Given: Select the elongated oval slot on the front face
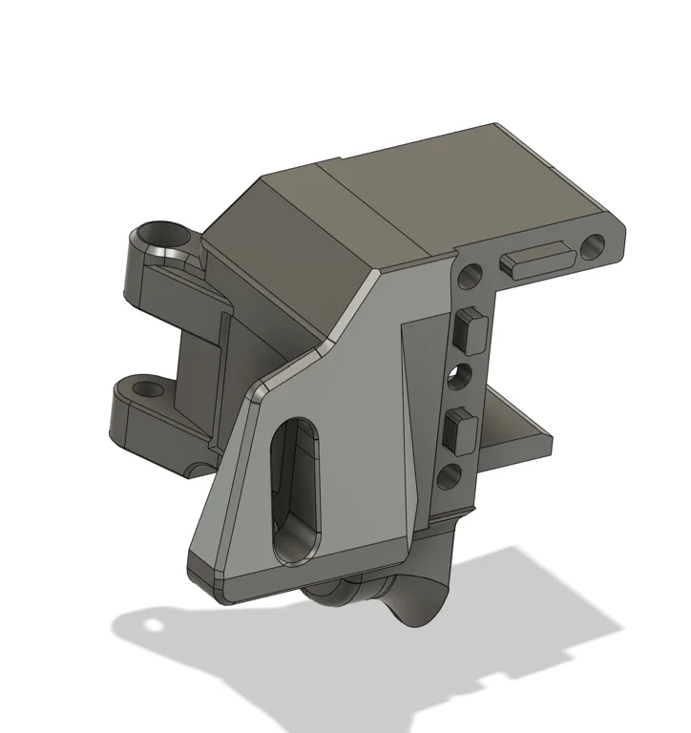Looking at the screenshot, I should [296, 490].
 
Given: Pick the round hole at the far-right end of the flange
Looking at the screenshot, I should [593, 247].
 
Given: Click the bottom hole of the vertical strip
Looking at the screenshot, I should [448, 474].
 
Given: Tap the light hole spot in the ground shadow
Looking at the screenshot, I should [151, 626].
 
